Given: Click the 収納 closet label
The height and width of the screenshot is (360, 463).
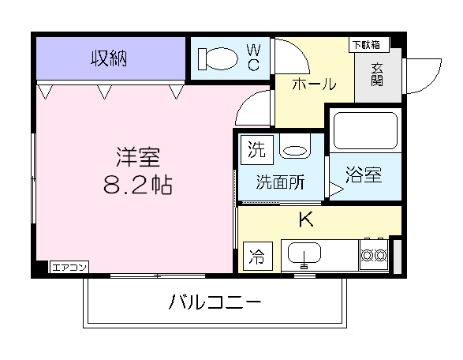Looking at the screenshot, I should click(109, 58).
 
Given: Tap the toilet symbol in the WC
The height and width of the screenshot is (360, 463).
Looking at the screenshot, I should click(216, 58).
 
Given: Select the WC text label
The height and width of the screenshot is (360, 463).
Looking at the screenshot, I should click(253, 58).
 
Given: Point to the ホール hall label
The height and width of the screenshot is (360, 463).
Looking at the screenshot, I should click(314, 84).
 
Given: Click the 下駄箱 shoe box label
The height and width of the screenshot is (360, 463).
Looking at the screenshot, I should click(364, 44).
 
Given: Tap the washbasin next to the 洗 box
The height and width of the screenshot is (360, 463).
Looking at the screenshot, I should click(295, 148).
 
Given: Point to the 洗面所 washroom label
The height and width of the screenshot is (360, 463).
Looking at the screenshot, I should click(280, 182).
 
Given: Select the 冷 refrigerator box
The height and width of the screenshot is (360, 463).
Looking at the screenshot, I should click(256, 255).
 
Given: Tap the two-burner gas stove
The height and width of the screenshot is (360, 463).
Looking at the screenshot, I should click(373, 254).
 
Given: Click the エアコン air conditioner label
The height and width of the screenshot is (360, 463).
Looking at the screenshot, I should click(69, 268).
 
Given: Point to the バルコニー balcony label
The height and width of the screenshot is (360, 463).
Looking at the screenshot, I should click(214, 302).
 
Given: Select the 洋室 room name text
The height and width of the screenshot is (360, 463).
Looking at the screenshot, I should click(139, 157).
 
